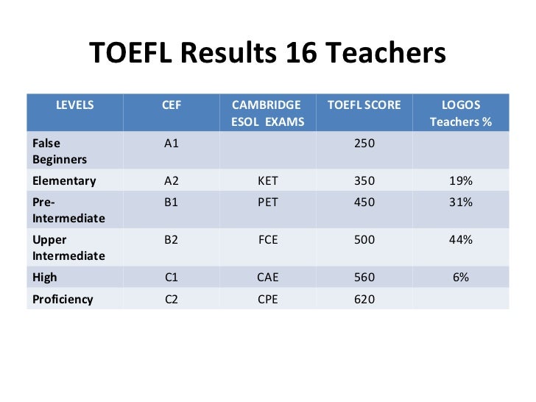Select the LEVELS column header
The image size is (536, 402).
coord(75,105)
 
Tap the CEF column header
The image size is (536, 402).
coord(171,105)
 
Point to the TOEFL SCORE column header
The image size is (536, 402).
coord(364,105)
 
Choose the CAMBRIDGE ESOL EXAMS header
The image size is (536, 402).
coord(267,113)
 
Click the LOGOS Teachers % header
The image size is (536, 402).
coord(460,113)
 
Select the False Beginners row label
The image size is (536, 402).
coord(59,151)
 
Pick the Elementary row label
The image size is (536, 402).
coord(64,180)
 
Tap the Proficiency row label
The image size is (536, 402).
coord(63,299)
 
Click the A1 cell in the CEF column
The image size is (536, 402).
coord(171,143)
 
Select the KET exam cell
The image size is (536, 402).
coord(267,180)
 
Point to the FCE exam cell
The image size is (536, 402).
coord(267,239)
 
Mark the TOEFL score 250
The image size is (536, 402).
coord(364,143)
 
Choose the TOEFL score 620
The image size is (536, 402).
coord(364,299)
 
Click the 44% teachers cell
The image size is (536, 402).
coord(461,239)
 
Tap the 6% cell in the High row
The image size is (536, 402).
coord(461,278)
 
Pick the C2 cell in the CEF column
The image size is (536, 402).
coord(171,299)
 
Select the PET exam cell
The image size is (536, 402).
coord(267,202)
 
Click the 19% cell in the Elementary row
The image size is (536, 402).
coord(461,180)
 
